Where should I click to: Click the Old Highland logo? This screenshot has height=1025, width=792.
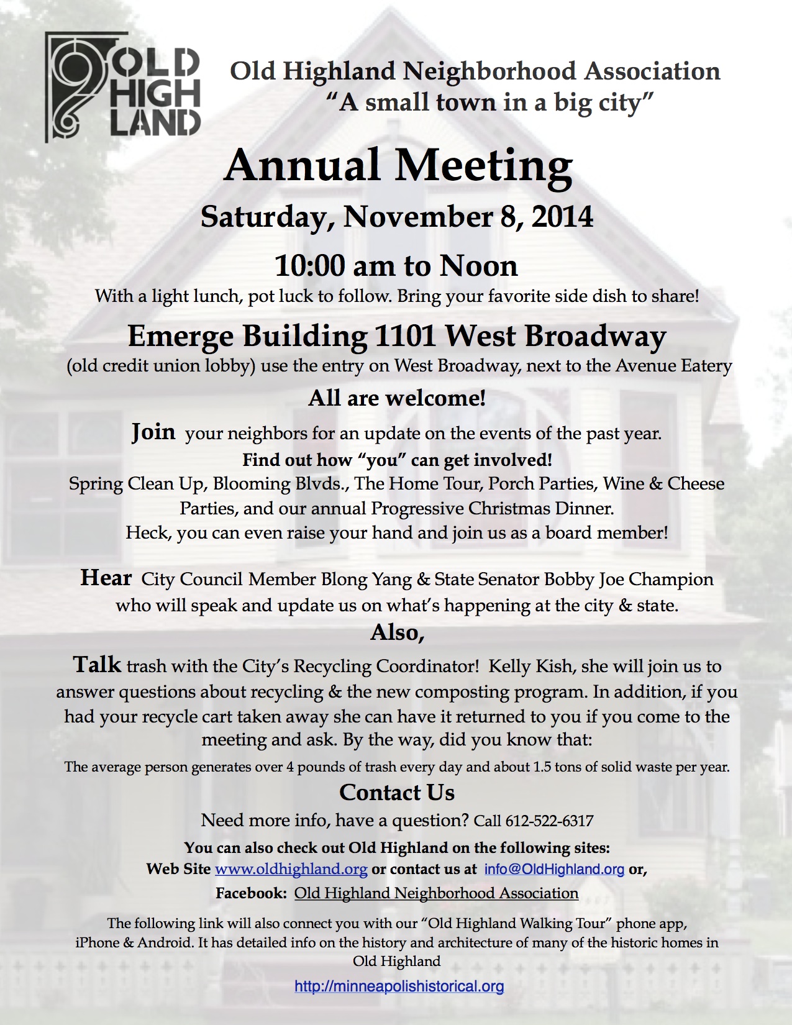(x=122, y=87)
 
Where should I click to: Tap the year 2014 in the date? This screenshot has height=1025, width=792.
(x=562, y=217)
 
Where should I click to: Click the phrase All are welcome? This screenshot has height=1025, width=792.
(x=397, y=398)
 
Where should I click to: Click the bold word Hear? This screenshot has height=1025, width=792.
(x=106, y=578)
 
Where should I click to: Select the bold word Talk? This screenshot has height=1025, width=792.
(x=97, y=665)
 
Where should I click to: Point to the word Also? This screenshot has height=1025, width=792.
(x=398, y=632)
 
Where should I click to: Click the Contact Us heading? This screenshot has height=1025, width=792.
(x=397, y=793)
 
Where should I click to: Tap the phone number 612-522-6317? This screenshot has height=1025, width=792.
(x=549, y=821)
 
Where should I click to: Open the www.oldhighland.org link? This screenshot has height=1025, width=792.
(x=291, y=868)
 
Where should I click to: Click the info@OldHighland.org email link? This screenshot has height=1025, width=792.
(x=554, y=868)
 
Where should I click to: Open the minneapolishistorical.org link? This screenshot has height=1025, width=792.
(x=399, y=986)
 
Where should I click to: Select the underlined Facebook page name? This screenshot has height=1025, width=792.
(x=436, y=893)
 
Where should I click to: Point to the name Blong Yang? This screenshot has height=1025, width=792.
(x=366, y=580)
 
